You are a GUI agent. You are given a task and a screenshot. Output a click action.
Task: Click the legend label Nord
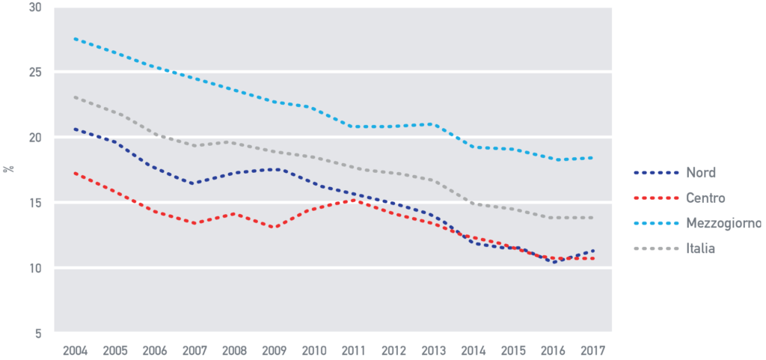click(x=701, y=172)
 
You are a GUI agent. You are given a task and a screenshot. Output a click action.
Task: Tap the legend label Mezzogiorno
click(x=724, y=223)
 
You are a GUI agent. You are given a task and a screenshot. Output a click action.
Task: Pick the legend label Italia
click(x=701, y=248)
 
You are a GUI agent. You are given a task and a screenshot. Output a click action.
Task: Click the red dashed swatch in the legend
click(x=656, y=198)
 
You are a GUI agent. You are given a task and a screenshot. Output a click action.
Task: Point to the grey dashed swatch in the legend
click(x=656, y=248)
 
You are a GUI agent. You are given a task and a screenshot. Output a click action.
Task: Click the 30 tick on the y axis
click(x=37, y=7)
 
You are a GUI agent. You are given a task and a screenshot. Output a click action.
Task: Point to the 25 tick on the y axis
click(x=37, y=73)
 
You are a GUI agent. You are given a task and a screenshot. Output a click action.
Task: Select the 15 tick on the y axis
click(x=37, y=203)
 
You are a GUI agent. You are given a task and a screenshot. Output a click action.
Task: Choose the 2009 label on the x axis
click(x=275, y=350)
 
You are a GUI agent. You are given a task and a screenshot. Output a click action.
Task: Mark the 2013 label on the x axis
click(x=432, y=350)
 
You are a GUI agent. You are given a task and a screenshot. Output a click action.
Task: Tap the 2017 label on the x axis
click(x=592, y=350)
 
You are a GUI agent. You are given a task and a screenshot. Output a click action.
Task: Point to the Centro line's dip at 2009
click(x=274, y=227)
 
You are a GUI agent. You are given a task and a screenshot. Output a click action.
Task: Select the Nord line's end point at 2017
click(x=593, y=251)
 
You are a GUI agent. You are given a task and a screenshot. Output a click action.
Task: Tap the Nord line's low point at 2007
click(x=194, y=183)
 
